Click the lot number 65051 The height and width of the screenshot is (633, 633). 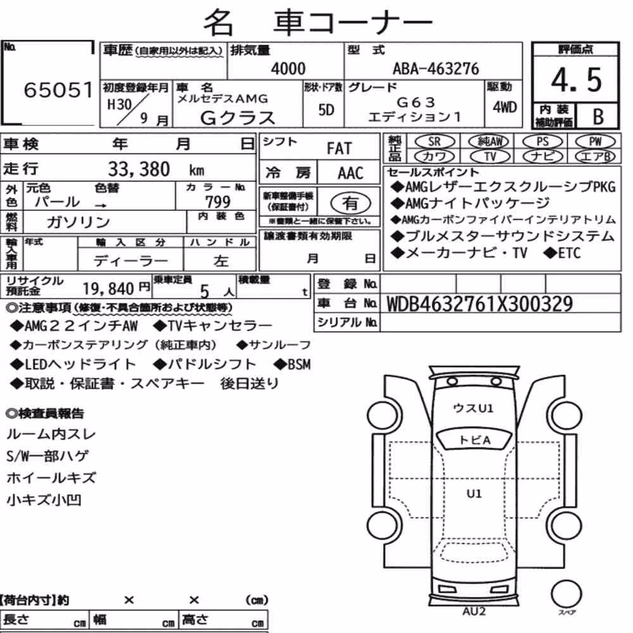(58, 90)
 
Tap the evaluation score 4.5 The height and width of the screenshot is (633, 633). (576, 80)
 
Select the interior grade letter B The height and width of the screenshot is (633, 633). (598, 116)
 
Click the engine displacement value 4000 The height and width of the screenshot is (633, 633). (288, 68)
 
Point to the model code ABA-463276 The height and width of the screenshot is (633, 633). (436, 68)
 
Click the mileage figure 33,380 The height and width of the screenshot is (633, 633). (139, 169)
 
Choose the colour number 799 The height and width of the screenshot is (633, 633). (218, 201)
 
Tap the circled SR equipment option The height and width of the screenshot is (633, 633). (434, 142)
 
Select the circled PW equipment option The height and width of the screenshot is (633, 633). (595, 142)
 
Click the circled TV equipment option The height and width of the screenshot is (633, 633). (490, 156)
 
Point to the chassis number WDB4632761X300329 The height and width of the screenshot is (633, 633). (480, 304)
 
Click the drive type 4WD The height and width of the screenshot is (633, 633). (505, 108)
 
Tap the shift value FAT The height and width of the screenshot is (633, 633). (339, 149)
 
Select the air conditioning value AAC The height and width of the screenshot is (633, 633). (351, 173)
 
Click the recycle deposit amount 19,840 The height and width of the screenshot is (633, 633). (108, 289)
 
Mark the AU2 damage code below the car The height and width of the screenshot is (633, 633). (474, 611)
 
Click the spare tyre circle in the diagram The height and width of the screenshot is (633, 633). (566, 594)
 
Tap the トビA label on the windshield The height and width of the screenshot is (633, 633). (475, 440)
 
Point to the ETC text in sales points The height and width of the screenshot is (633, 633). (569, 254)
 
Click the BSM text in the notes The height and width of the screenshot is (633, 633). (299, 365)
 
